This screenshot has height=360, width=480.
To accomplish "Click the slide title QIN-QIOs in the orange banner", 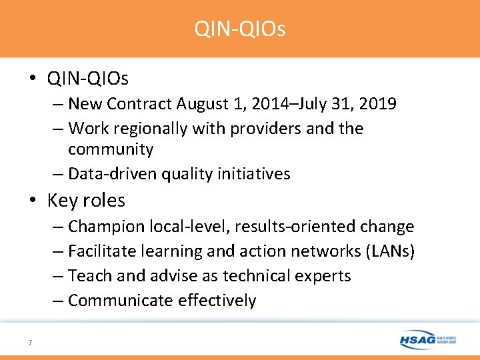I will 240,29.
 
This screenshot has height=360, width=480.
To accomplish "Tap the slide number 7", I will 30,343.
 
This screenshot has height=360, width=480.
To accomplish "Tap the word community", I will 111,149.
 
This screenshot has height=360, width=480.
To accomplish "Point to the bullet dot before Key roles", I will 34,200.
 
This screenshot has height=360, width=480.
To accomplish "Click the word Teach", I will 89,276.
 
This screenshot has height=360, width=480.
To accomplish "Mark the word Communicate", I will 121,301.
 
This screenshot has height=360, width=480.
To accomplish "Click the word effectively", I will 217,301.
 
